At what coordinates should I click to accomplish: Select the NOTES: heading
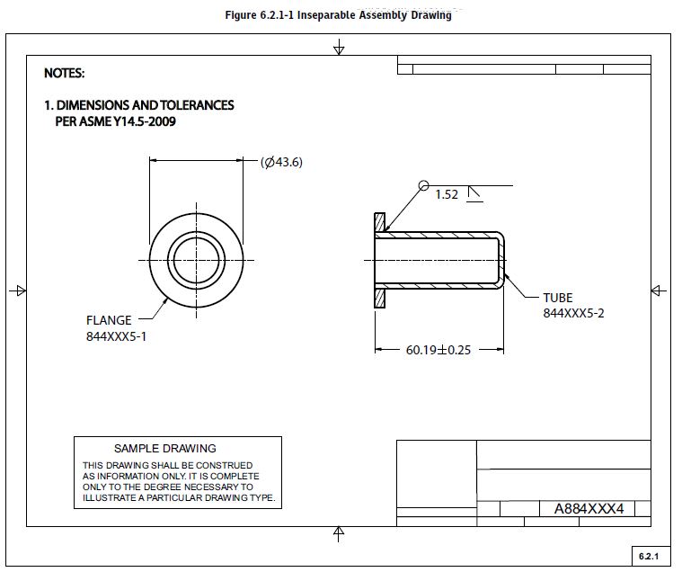[x=65, y=73]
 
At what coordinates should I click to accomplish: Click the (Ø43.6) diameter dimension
[x=281, y=162]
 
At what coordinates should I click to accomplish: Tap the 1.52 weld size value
[x=447, y=194]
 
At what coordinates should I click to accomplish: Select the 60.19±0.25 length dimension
[x=438, y=350]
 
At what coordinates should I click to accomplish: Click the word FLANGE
[x=109, y=320]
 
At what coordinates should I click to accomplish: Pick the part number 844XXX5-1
[x=117, y=336]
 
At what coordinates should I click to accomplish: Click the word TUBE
[x=557, y=298]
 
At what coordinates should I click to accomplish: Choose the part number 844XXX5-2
[x=573, y=313]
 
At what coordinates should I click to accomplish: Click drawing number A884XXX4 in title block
[x=588, y=509]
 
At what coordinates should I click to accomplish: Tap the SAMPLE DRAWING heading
[x=165, y=448]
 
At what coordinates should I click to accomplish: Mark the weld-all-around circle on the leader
[x=423, y=185]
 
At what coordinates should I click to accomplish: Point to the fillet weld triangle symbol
[x=474, y=193]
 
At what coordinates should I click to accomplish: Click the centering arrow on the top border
[x=339, y=46]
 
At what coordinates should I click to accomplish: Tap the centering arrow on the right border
[x=658, y=290]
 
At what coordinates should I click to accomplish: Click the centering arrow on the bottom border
[x=339, y=533]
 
